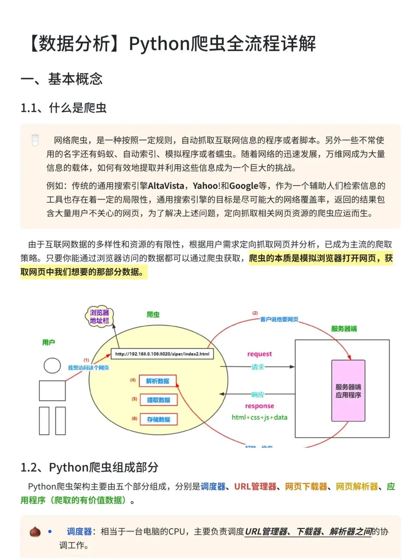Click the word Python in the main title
[159, 44]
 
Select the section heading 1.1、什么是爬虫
[63, 108]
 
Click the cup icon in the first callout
[35, 140]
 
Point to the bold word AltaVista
[166, 186]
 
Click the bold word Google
[244, 186]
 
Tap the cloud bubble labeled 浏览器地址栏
[100, 317]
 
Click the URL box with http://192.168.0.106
[162, 354]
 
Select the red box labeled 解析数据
[157, 381]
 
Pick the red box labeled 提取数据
[158, 400]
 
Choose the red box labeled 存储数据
[158, 419]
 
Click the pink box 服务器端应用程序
[348, 391]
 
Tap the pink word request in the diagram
[259, 354]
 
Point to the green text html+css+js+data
[259, 417]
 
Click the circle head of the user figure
[52, 366]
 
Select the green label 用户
[49, 342]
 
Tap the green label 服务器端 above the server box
[344, 329]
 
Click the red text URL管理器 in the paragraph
[255, 486]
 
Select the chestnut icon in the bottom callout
[35, 532]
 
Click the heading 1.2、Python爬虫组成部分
[89, 467]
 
